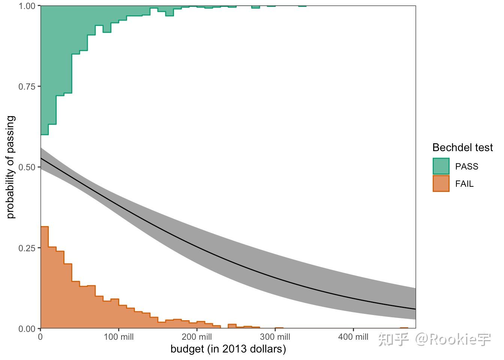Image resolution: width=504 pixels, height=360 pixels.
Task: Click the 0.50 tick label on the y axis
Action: [27, 167]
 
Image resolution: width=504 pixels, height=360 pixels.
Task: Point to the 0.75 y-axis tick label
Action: [27, 87]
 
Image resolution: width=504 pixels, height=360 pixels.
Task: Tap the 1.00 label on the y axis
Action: [27, 6]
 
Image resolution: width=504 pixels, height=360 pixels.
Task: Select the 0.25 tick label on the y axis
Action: [27, 248]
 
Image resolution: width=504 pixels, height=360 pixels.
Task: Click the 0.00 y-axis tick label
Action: [27, 329]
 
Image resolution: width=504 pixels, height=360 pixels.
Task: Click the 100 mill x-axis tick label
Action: [118, 337]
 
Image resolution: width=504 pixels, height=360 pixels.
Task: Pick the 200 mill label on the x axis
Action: [197, 337]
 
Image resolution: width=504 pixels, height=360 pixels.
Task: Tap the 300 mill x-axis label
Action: [275, 337]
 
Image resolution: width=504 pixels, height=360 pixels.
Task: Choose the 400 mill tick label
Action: [353, 337]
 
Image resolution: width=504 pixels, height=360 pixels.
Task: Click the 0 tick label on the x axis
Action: [40, 337]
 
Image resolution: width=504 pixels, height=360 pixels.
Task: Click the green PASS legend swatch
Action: [441, 166]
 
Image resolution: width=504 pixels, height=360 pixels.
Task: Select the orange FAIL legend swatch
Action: [441, 184]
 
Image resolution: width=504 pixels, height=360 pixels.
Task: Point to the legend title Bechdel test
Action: [462, 147]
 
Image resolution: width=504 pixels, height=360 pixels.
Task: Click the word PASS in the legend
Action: [466, 166]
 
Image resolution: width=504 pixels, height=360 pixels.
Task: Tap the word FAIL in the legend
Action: [464, 184]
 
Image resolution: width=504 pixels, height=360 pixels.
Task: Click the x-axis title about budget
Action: [228, 349]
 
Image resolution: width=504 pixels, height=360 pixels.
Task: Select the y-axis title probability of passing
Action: [11, 167]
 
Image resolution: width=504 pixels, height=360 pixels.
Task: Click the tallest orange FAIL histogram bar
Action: [44, 277]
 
